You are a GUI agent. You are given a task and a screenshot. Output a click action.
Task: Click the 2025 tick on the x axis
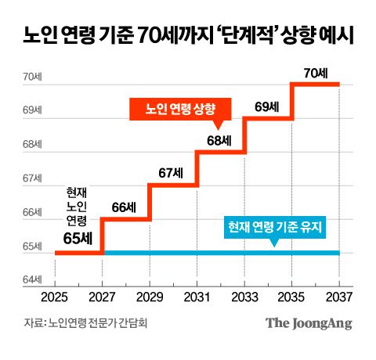[55, 297]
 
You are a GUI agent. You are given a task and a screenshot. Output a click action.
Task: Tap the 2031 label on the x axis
[197, 297]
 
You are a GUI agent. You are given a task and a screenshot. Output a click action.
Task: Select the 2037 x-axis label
[338, 297]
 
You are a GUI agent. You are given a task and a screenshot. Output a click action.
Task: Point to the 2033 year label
[244, 297]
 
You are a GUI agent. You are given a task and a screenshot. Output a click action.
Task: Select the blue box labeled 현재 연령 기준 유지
[275, 228]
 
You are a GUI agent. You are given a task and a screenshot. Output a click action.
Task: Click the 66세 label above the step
[125, 208]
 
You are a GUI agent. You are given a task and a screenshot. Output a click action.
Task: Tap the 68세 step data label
[219, 141]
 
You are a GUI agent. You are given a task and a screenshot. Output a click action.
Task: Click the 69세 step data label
[267, 106]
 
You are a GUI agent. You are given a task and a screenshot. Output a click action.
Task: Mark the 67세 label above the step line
[172, 174]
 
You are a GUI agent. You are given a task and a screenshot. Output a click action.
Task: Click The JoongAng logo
[308, 323]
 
